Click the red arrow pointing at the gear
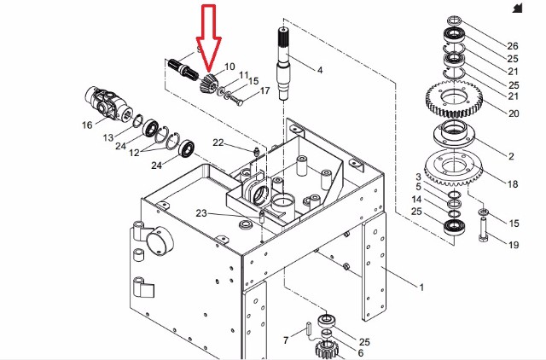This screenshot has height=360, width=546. [x=208, y=38]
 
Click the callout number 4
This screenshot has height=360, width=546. [x=320, y=70]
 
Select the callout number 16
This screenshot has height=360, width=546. [x=87, y=125]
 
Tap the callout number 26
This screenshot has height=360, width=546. [x=513, y=45]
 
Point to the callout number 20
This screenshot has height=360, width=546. [x=514, y=113]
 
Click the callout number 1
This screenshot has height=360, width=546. [x=421, y=287]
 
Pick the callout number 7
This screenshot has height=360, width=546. [x=286, y=340]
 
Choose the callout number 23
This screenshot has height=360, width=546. [x=201, y=212]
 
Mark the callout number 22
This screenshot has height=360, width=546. [x=218, y=142]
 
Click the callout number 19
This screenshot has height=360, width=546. [x=514, y=245]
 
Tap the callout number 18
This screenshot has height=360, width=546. [x=513, y=183]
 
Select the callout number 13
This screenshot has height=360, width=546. [x=108, y=137]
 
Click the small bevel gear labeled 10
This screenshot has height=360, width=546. [x=207, y=84]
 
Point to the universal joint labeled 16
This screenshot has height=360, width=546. [x=106, y=103]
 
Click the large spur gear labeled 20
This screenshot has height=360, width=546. [x=454, y=99]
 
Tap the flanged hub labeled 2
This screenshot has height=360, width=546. [x=454, y=133]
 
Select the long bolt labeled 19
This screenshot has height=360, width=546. [x=484, y=229]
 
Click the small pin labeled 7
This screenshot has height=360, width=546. [x=309, y=328]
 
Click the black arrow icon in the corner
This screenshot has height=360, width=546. [x=518, y=8]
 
